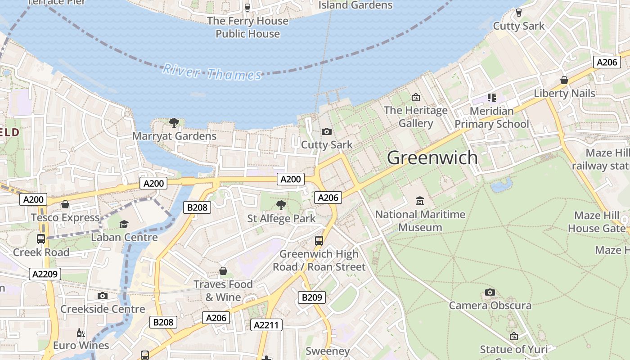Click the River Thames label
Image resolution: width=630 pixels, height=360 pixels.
point(212,72)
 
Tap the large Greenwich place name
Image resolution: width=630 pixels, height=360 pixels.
point(432,157)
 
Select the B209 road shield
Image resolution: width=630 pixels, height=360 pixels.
point(311,297)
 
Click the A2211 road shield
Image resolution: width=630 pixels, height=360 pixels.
point(266,325)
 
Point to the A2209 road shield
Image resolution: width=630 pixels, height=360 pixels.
point(45,274)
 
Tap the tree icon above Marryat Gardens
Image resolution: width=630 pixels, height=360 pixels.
point(174,122)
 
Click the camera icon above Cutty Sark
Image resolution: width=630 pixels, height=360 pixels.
point(327,131)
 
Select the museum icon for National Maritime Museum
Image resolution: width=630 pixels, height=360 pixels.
point(420,201)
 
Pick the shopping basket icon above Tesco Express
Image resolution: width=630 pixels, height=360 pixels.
point(65,204)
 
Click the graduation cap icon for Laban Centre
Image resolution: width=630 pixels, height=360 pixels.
point(124,224)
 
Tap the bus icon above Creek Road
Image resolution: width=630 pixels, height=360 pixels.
point(41,238)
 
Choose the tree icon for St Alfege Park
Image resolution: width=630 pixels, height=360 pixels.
point(281,205)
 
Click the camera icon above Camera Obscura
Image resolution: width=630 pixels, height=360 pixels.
point(490,292)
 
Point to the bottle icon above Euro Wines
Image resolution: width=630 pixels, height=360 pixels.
point(81,333)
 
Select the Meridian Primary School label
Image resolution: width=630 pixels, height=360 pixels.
point(491,117)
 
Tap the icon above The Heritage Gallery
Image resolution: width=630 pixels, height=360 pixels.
point(416,97)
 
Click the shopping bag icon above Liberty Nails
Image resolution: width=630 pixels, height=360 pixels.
point(564,80)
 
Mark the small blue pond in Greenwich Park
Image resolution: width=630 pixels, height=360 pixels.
point(502,185)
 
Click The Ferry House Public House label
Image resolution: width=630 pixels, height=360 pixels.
point(247,27)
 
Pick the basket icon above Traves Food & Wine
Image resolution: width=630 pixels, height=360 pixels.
point(223,270)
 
